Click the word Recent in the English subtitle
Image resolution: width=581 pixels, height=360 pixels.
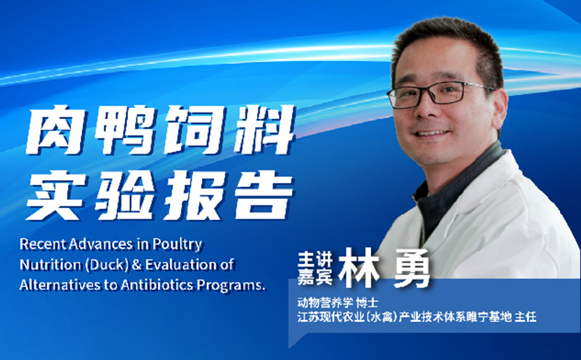pyautogui.click(x=45, y=245)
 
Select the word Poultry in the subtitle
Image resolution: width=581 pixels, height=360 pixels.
pyautogui.click(x=178, y=245)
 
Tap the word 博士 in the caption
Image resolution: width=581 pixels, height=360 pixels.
pyautogui.click(x=369, y=300)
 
